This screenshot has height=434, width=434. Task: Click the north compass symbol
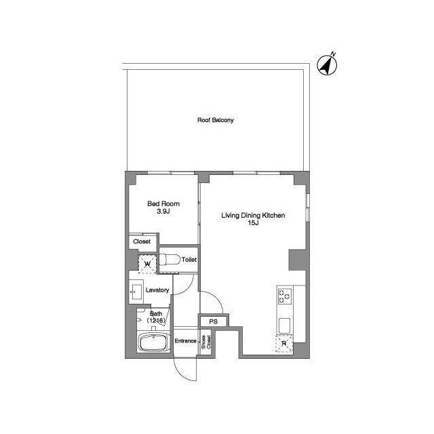[327, 65]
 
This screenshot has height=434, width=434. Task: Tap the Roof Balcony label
[216, 120]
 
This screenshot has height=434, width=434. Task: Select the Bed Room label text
[163, 204]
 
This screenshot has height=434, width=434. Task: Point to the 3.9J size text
[163, 212]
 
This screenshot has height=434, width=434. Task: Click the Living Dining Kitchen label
[253, 216]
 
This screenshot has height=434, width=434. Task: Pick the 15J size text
[253, 223]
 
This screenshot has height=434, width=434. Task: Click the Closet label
[142, 241]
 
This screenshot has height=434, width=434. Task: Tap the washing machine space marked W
[147, 264]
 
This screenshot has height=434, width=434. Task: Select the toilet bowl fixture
[169, 260]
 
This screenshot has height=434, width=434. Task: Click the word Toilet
[189, 260]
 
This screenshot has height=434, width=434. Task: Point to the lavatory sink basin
[136, 292]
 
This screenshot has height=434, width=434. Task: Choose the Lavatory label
[157, 290]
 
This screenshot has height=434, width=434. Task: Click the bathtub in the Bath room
[154, 342]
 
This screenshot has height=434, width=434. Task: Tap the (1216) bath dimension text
[156, 321]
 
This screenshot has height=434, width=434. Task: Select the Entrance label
[185, 340]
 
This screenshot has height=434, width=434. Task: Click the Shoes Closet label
[206, 342]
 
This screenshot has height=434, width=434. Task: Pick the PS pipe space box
[214, 321]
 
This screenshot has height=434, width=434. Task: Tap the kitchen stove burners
[285, 296]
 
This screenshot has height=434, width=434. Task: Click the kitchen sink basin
[284, 325]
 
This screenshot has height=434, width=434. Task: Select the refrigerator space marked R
[284, 344]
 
